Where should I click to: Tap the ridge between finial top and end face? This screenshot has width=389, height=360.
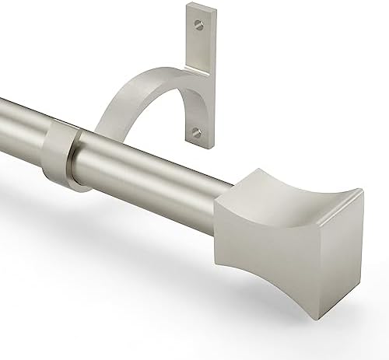[342, 221]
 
